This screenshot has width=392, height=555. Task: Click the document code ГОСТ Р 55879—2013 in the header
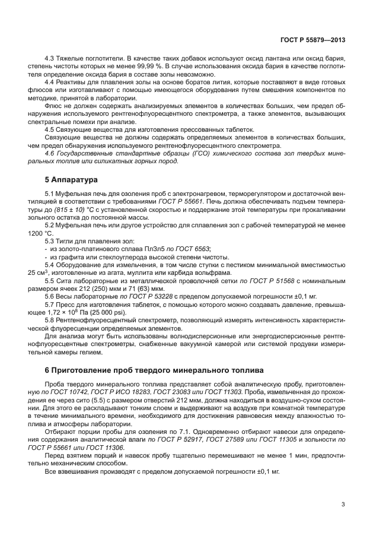tap(313, 40)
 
